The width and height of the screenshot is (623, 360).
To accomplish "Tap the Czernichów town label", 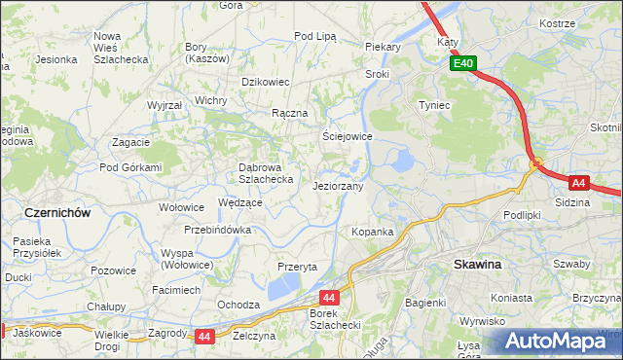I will [x=57, y=211].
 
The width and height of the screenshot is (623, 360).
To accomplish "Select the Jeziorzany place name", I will [x=339, y=185].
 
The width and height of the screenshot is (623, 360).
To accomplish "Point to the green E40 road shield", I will [x=463, y=64].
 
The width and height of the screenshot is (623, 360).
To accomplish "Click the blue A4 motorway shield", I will [x=578, y=182].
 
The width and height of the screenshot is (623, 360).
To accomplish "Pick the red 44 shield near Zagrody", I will [x=203, y=337].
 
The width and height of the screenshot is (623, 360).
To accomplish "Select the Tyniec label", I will [x=434, y=104].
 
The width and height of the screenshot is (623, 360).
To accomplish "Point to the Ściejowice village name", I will [x=348, y=136].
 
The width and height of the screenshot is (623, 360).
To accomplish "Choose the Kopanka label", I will [x=372, y=232].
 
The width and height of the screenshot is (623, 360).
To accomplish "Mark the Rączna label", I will [x=290, y=113].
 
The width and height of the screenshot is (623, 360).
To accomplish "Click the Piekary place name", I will [x=384, y=46].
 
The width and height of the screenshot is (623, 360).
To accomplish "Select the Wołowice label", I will [x=181, y=206].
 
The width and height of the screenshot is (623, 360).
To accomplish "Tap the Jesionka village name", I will [x=56, y=58].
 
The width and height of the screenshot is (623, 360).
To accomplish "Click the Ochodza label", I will [x=238, y=305].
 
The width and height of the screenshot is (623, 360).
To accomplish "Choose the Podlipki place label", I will [x=522, y=214].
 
